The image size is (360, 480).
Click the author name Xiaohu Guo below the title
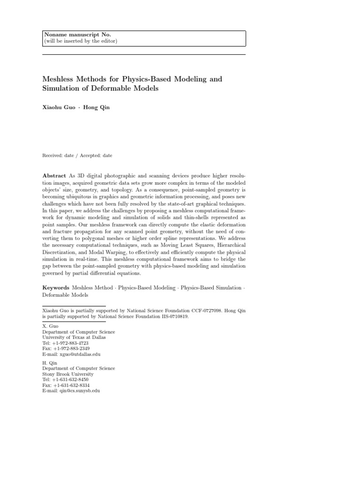[59, 107]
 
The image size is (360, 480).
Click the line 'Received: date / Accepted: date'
[77, 155]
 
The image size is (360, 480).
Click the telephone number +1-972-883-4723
[70, 343]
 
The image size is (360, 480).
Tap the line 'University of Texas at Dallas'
[74, 337]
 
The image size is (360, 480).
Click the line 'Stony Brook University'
[68, 374]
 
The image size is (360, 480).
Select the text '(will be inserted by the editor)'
[80, 41]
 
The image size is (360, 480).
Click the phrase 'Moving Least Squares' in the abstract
[182, 245]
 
